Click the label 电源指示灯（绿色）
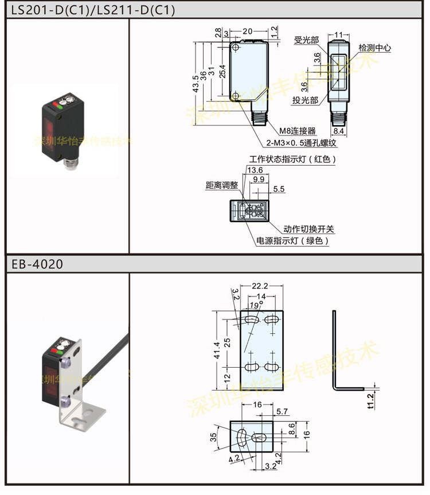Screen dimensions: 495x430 tap(293, 241)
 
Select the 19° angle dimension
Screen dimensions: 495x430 tap(256, 305)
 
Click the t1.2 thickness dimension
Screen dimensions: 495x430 tap(370, 399)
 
